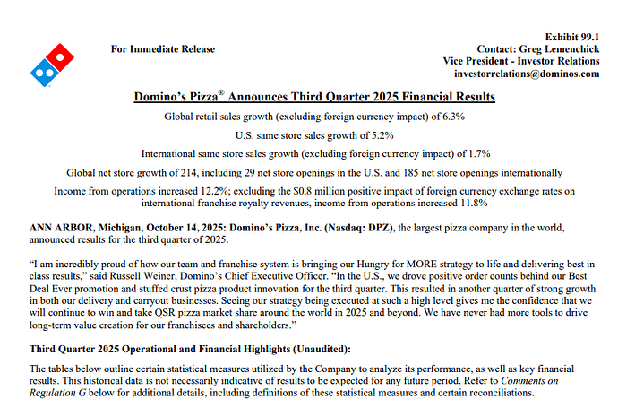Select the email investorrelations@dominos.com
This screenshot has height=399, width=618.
coord(527,74)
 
